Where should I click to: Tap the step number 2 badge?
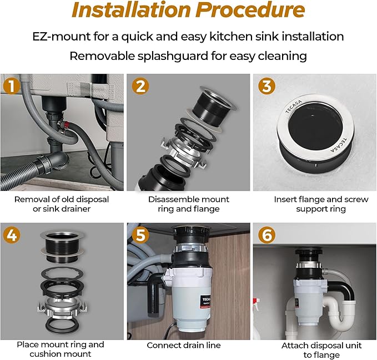140,86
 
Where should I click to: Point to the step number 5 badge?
140,235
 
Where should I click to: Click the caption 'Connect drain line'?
183,345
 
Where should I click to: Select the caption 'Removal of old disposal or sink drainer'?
62,204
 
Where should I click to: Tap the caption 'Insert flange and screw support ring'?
314,204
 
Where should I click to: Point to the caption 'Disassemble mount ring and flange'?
188,204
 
